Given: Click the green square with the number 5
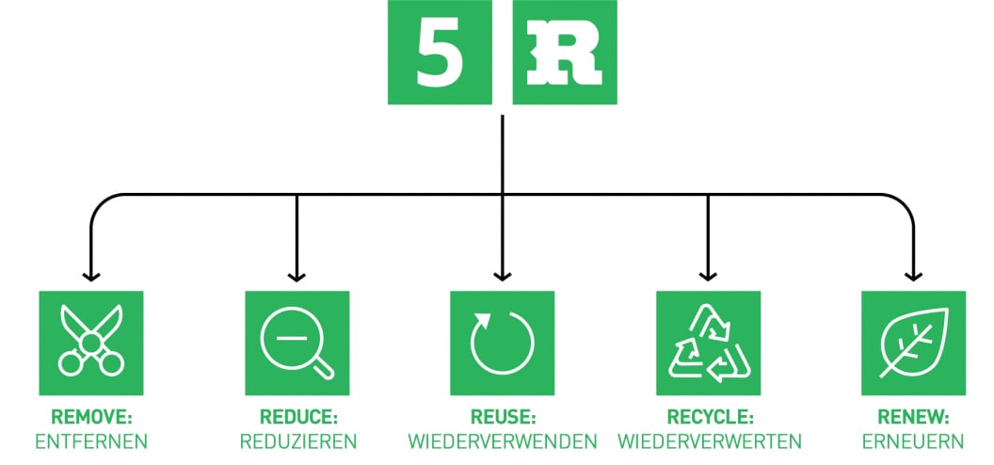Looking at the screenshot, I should point(440,53).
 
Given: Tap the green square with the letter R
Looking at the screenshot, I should point(565,53).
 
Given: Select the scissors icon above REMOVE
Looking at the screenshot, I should point(90,343).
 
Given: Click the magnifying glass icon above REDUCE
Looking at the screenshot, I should point(297,343).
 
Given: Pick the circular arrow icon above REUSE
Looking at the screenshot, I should point(502,343).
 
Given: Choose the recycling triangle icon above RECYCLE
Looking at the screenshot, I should point(708,343).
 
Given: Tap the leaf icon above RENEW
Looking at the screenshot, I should point(913,343).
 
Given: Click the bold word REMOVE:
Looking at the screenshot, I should point(90,416).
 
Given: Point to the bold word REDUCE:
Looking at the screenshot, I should point(297,416).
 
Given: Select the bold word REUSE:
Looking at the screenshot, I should point(502,416).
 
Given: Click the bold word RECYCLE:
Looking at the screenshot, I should point(708,416).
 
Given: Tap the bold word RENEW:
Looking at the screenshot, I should point(913,416).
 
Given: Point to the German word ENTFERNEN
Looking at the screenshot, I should point(90,441).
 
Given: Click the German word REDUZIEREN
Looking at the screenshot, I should point(297,441).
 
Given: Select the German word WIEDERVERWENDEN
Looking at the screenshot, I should point(502,441).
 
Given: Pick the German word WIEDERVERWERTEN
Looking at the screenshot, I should point(708,441).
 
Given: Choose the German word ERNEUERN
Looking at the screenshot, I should point(913,441).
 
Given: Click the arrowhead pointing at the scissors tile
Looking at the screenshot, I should point(90,276).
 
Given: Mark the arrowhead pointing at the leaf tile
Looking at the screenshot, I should point(913,276).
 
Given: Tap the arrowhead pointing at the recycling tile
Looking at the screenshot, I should point(708,276).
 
